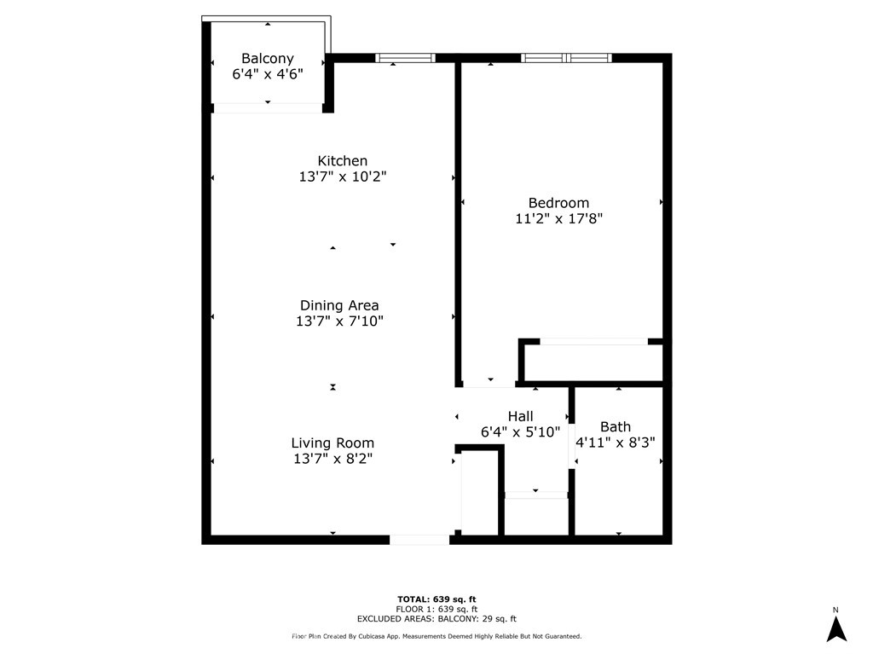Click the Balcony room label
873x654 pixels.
268,59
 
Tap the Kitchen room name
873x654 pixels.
343,161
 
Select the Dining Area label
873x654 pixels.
339,305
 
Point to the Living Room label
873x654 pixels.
332,443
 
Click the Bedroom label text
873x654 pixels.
559,203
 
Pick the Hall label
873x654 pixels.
520,416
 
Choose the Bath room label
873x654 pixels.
616,426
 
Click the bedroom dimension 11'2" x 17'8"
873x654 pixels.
559,219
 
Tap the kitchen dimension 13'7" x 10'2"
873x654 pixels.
343,177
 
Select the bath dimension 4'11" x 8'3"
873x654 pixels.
616,443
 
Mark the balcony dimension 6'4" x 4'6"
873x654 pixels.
268,74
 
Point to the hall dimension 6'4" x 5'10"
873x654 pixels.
520,432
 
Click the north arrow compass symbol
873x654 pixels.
836,628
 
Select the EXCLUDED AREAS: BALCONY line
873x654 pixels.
436,619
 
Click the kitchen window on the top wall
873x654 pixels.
406,58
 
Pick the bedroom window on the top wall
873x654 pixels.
567,58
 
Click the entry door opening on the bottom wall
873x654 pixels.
419,539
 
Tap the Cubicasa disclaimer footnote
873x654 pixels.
436,636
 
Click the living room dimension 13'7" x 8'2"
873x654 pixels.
332,459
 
